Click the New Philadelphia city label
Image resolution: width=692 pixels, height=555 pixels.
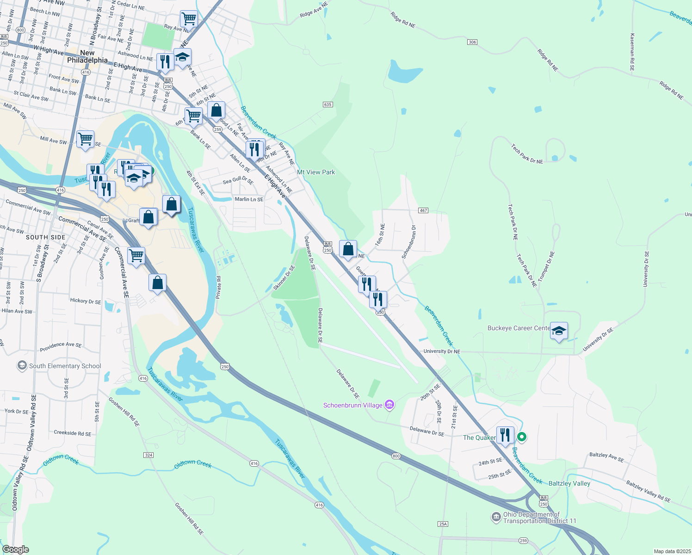pos(87,56)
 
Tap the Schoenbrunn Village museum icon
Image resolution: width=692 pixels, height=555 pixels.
pos(389,405)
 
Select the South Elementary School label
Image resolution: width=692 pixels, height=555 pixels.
pos(65,366)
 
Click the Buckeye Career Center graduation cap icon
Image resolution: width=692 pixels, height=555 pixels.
pos(559,331)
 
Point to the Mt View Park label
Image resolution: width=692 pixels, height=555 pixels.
pos(316,172)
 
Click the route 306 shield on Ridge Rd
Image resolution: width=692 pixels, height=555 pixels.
pos(472,42)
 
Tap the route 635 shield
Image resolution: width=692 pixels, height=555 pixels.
pos(327,105)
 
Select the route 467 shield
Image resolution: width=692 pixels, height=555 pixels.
pos(423,210)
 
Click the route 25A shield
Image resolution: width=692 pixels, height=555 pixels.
pos(443,524)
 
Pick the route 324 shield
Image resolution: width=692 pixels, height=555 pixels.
pos(148,455)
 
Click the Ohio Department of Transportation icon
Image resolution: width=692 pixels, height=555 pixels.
pos(496,517)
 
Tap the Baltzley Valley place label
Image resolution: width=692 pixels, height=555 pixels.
pos(569,483)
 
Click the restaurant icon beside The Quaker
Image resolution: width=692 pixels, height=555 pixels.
pos(505,435)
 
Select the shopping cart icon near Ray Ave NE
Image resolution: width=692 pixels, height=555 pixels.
pos(189,19)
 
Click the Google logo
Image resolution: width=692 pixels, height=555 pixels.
pos(15,549)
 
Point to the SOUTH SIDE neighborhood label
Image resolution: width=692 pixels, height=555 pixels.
pos(46,237)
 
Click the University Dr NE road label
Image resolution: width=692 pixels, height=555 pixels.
pos(442,351)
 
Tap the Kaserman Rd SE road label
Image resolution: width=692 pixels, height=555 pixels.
pos(632,51)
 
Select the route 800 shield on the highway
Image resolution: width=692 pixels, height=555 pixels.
pos(396,456)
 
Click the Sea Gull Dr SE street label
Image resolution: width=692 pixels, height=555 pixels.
pos(238,181)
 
